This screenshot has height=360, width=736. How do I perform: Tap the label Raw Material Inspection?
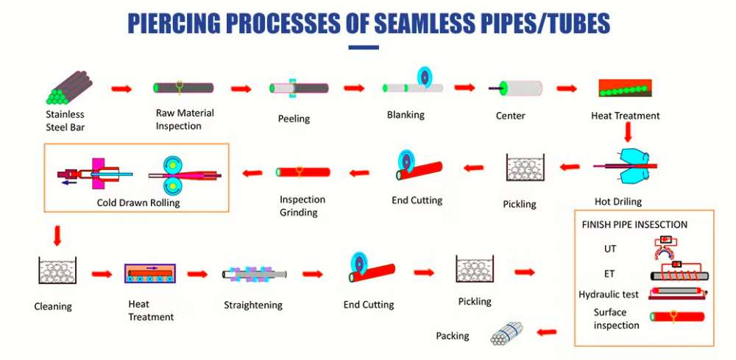pos(185,119)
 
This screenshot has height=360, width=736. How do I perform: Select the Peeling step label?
pos(294,119)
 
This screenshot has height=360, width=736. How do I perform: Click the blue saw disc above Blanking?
pos(423,76)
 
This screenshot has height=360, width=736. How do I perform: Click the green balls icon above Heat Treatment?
pos(624,88)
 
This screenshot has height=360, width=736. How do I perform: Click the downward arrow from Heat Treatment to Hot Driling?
pos(628,132)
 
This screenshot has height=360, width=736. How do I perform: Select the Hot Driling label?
pos(618,202)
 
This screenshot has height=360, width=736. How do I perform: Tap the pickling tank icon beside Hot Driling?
pos(525,167)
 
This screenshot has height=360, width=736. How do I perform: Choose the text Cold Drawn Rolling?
pos(138,203)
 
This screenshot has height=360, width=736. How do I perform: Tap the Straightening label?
pos(253,305)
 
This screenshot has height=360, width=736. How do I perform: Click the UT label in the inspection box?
pos(610,249)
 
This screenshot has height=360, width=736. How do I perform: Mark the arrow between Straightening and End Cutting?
pos(313,274)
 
